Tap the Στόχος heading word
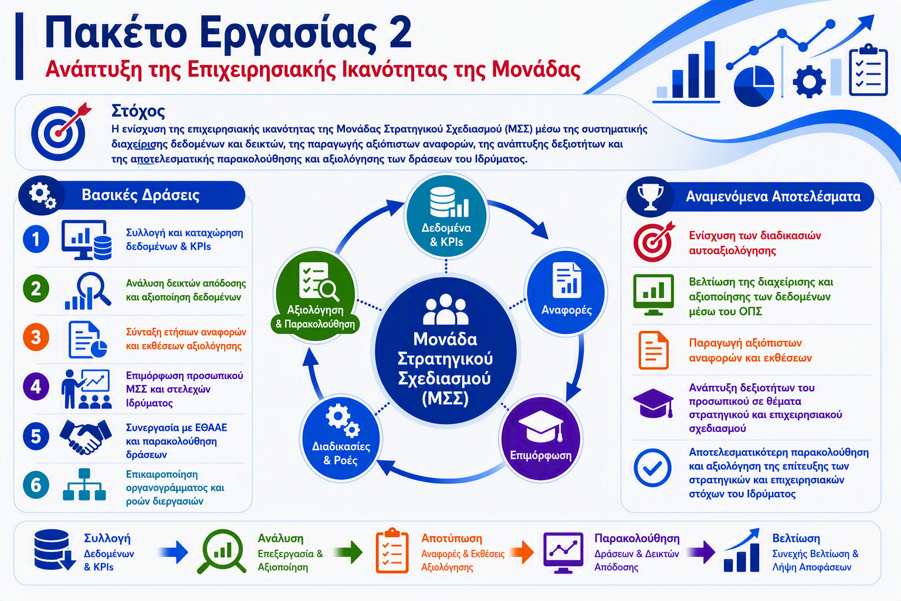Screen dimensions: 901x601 (x=138, y=112)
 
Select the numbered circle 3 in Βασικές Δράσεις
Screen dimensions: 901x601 (x=36, y=337)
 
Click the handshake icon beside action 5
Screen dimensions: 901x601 (x=86, y=437)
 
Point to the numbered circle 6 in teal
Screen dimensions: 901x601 (x=36, y=485)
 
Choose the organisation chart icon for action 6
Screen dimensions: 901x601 (x=84, y=485)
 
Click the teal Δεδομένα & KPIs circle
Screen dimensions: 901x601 (x=446, y=216)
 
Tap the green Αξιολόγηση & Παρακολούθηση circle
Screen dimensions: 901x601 (x=316, y=296)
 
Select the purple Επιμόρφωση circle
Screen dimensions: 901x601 (x=541, y=439)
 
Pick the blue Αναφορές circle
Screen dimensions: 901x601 (x=566, y=293)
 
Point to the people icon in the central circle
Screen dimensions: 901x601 (x=446, y=309)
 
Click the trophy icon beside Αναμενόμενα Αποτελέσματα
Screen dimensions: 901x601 (x=651, y=197)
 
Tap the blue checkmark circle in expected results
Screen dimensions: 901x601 (x=652, y=468)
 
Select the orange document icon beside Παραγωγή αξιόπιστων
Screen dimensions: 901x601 (x=653, y=350)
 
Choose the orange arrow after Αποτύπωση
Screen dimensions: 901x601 (x=522, y=552)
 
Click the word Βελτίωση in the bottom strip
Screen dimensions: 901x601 (x=795, y=538)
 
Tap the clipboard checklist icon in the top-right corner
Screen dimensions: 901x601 (x=868, y=70)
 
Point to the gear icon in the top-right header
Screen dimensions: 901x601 (x=809, y=82)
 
